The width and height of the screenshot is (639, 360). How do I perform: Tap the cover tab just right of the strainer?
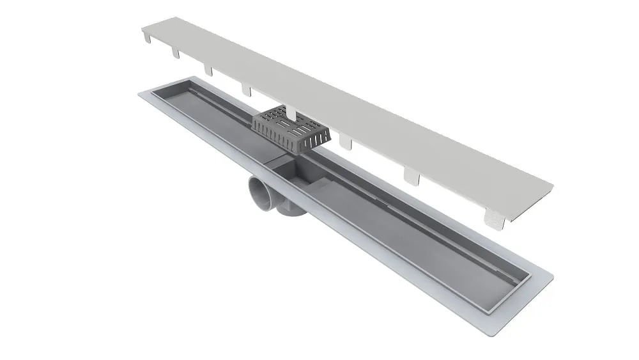(x=346, y=141)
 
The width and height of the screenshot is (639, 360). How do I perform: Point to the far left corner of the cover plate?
(x=142, y=26)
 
